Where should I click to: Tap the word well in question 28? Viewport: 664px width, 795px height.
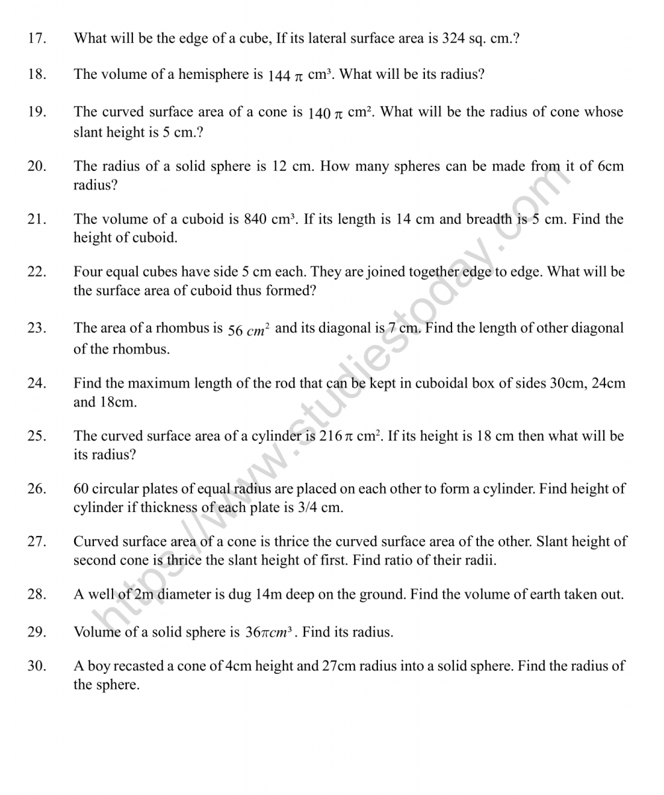pos(99,594)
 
